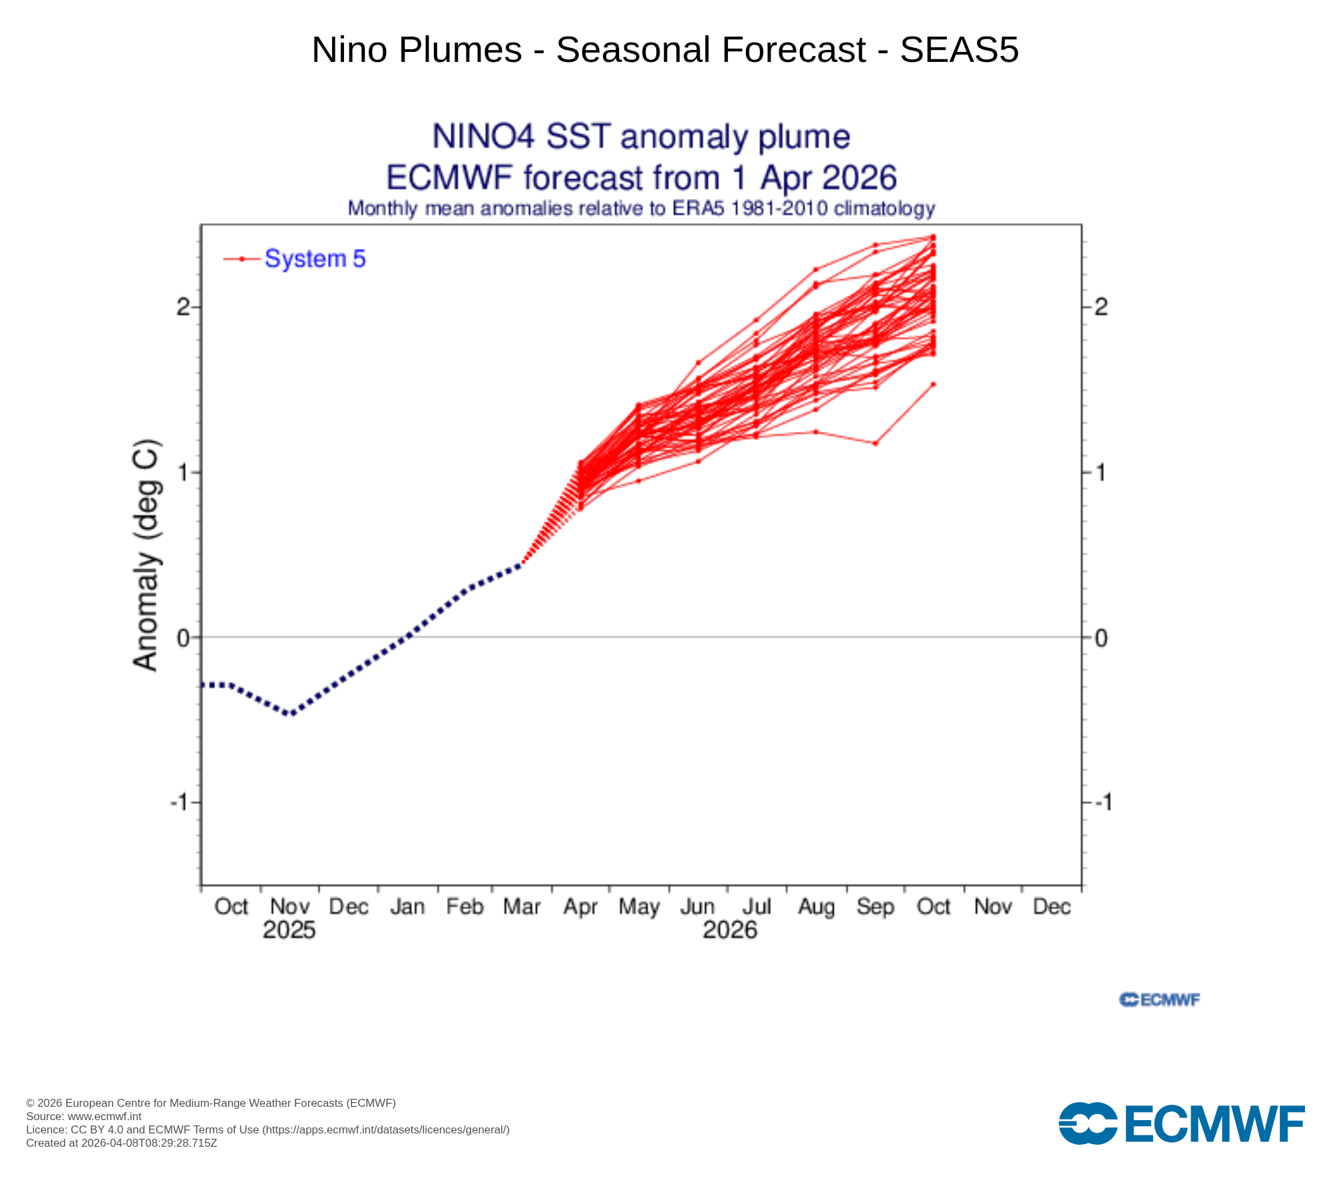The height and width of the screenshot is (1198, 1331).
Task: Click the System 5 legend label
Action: click(315, 259)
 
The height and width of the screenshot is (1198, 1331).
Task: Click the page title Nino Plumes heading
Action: click(665, 50)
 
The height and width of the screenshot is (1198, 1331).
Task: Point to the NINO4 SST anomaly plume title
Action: click(641, 137)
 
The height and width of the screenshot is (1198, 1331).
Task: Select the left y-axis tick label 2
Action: click(183, 307)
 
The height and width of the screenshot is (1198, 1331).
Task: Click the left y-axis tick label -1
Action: click(180, 802)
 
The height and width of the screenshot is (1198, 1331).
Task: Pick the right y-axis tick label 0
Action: click(1101, 638)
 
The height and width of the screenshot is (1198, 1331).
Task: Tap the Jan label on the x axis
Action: click(407, 906)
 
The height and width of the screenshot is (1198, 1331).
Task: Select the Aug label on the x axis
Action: click(816, 906)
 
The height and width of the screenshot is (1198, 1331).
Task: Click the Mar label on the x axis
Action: click(522, 906)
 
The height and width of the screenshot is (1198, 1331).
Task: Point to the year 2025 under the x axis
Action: click(289, 930)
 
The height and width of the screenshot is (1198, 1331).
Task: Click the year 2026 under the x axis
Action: click(729, 930)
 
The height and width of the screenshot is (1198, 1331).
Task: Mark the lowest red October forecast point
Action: click(933, 384)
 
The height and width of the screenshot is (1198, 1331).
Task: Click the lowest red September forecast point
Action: click(875, 443)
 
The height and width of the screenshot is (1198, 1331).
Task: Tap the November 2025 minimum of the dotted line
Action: click(290, 714)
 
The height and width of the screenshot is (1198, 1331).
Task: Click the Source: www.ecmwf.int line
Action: click(84, 1116)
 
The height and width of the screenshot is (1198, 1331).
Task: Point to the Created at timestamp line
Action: click(122, 1143)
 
